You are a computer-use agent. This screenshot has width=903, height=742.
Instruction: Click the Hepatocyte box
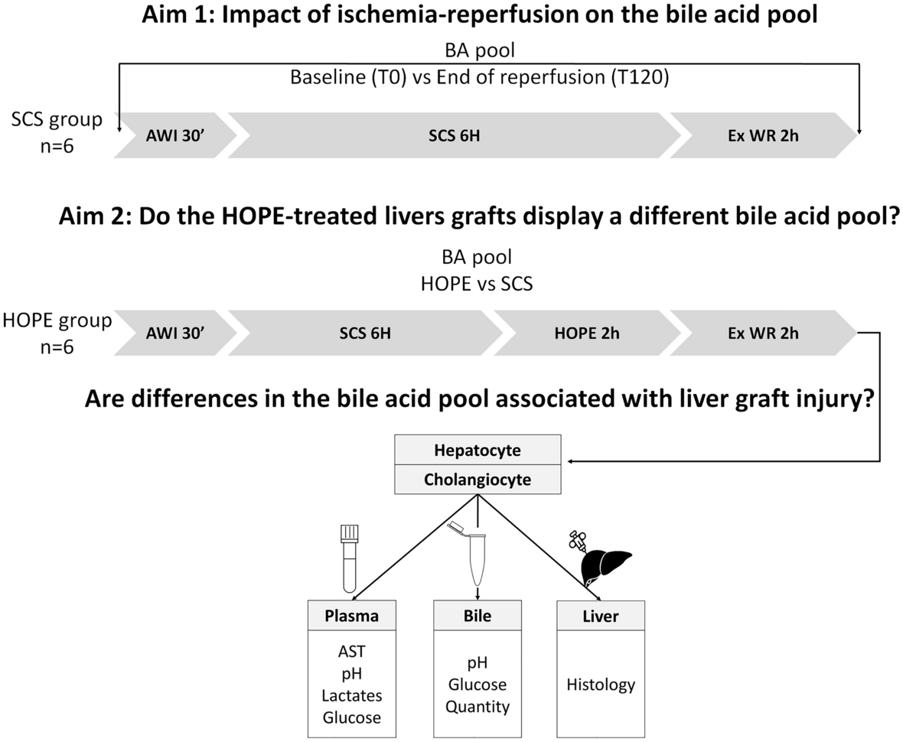(478, 450)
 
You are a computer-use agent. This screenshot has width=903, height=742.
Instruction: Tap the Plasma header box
(351, 616)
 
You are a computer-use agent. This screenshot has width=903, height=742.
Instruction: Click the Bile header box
(478, 616)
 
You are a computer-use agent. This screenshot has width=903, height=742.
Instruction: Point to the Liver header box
(601, 616)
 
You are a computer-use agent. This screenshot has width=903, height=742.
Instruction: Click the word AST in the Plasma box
(351, 651)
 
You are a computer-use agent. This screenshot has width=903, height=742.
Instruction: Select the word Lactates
(351, 695)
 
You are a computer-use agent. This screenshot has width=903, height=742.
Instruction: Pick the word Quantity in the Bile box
(478, 707)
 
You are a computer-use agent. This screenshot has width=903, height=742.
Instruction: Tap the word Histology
(601, 685)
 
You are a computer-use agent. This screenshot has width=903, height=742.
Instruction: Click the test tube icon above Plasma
(350, 558)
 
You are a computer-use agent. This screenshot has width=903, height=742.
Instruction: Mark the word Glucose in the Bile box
(478, 685)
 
